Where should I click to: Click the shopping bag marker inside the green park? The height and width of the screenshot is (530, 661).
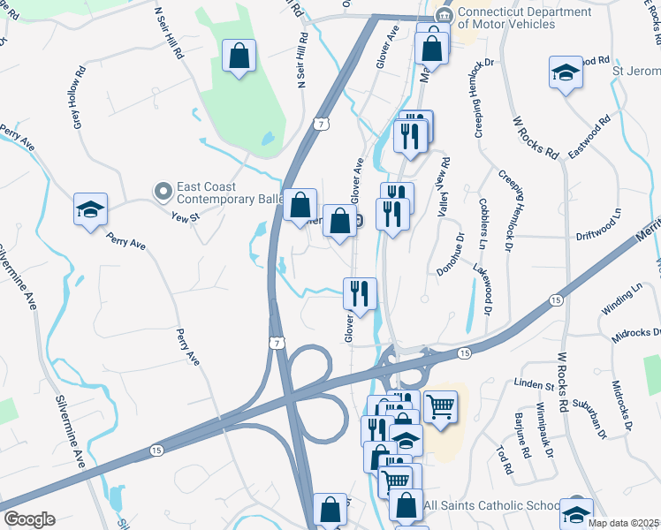pyautogui.click(x=239, y=57)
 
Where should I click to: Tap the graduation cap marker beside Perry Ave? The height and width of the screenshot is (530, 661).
pyautogui.click(x=90, y=210)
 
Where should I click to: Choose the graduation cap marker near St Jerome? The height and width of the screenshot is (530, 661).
pyautogui.click(x=566, y=73)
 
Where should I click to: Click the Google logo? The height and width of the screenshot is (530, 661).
pyautogui.click(x=29, y=519)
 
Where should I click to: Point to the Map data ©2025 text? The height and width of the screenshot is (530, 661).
pyautogui.click(x=623, y=523)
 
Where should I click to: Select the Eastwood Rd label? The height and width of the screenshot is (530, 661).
pyautogui.click(x=589, y=137)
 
